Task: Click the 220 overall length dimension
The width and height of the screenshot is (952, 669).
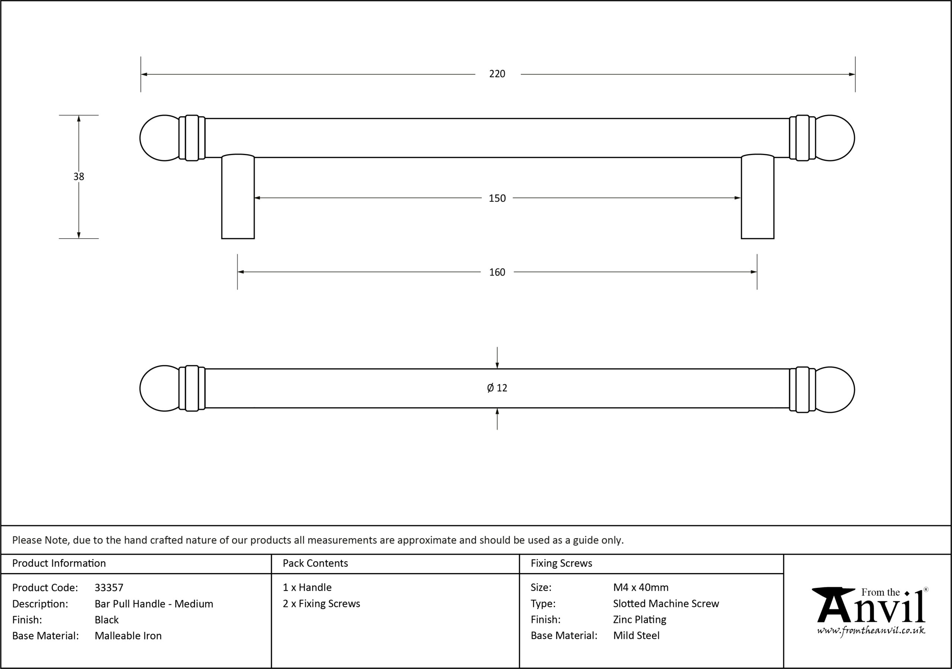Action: pos(497,74)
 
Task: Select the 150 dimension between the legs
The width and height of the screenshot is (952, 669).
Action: pos(497,198)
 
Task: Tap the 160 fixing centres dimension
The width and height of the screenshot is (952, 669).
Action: pos(497,272)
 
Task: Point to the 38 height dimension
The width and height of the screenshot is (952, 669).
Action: pos(79,177)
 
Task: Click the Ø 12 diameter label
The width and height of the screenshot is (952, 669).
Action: pos(497,388)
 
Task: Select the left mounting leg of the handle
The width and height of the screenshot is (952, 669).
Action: pos(238,197)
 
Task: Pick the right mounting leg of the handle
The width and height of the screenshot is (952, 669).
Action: pos(758,197)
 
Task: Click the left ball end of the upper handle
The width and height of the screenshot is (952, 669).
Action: pos(160,138)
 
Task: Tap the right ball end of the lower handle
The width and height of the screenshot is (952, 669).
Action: pos(834,390)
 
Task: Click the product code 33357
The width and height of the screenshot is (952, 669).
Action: pos(109,588)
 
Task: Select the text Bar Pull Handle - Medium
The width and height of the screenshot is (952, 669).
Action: pos(154,604)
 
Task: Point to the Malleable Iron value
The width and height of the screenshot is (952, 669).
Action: pos(128,636)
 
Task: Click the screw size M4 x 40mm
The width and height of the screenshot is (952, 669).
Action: pos(641,588)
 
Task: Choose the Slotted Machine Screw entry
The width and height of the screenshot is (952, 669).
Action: pos(666,604)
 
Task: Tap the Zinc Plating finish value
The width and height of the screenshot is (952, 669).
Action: pos(639,620)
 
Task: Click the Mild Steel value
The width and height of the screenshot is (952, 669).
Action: pos(636,636)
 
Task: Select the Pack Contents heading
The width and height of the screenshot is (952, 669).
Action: pos(315,563)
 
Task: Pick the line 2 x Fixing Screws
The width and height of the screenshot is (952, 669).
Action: pos(321,604)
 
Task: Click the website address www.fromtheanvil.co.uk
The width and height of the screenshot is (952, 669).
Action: pos(871,630)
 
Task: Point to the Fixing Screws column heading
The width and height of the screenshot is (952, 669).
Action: pos(562,563)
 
